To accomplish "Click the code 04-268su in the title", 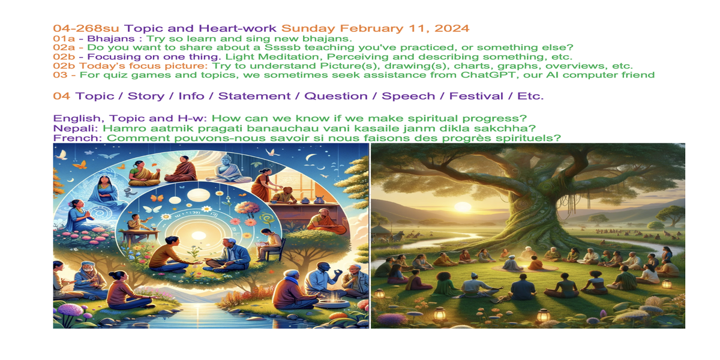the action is (86, 28).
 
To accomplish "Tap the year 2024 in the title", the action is (452, 28).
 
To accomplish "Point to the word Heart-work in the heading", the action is (238, 28).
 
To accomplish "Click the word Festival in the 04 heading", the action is (476, 96).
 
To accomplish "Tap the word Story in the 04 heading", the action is (146, 96).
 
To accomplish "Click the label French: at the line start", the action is (77, 138).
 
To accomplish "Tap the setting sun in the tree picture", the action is (463, 206).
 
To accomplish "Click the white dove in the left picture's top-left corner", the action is (61, 155).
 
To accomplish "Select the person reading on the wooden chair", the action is (270, 244).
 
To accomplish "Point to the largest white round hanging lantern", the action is (199, 195).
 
